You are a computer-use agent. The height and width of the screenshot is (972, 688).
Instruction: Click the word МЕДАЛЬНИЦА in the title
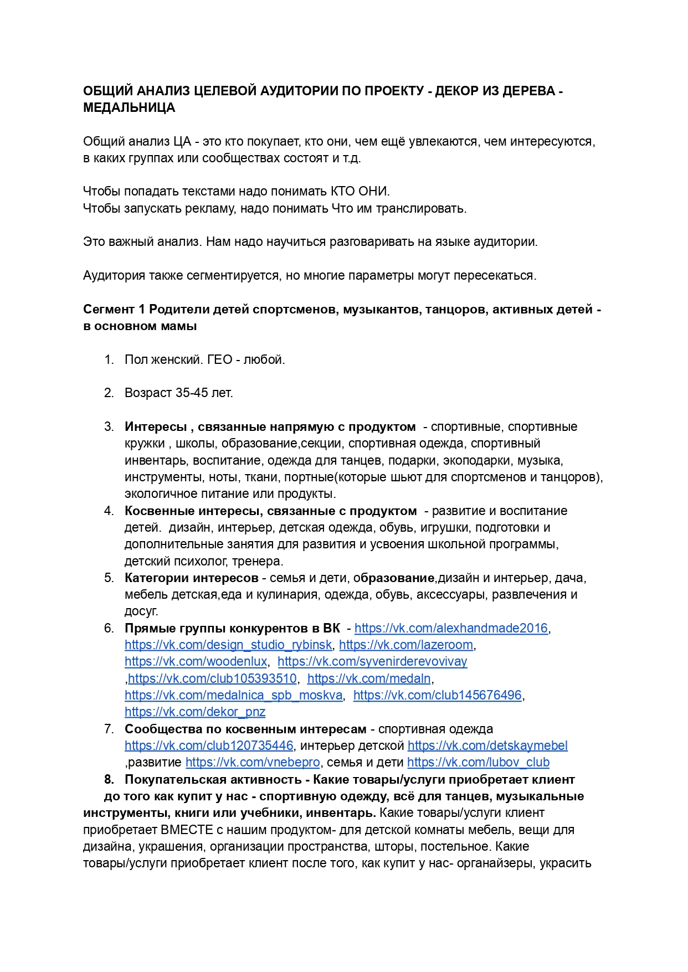tap(129, 108)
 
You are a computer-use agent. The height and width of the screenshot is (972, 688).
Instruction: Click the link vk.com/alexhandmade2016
tap(451, 628)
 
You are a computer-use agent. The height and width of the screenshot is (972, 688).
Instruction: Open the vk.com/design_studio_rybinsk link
tap(228, 645)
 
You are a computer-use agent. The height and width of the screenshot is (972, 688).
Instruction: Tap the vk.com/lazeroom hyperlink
tap(406, 645)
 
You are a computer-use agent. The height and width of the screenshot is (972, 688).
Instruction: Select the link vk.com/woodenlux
tap(196, 661)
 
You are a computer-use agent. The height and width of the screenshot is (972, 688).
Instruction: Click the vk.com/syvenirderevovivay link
tap(372, 661)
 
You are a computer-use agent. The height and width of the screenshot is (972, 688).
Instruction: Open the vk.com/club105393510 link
tap(212, 678)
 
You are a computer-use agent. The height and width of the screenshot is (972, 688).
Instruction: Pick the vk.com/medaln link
tap(369, 678)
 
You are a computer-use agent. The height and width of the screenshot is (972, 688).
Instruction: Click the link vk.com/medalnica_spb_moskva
tap(233, 695)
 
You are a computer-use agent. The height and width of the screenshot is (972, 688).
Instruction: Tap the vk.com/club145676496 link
tap(437, 695)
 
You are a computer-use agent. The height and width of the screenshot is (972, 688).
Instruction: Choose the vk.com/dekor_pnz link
tap(194, 712)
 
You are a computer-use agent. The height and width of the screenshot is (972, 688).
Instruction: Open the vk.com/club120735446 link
tap(208, 745)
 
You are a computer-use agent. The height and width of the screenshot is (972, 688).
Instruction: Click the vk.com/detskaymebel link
tap(487, 745)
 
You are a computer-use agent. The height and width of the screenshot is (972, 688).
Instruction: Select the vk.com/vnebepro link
tap(253, 762)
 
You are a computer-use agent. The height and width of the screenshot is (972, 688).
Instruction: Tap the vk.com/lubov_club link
tap(478, 762)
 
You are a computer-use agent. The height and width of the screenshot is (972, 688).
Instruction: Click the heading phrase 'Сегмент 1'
tap(114, 309)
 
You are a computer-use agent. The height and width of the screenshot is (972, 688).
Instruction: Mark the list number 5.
tap(109, 578)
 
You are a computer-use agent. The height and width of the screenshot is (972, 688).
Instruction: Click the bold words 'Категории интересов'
tap(191, 578)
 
